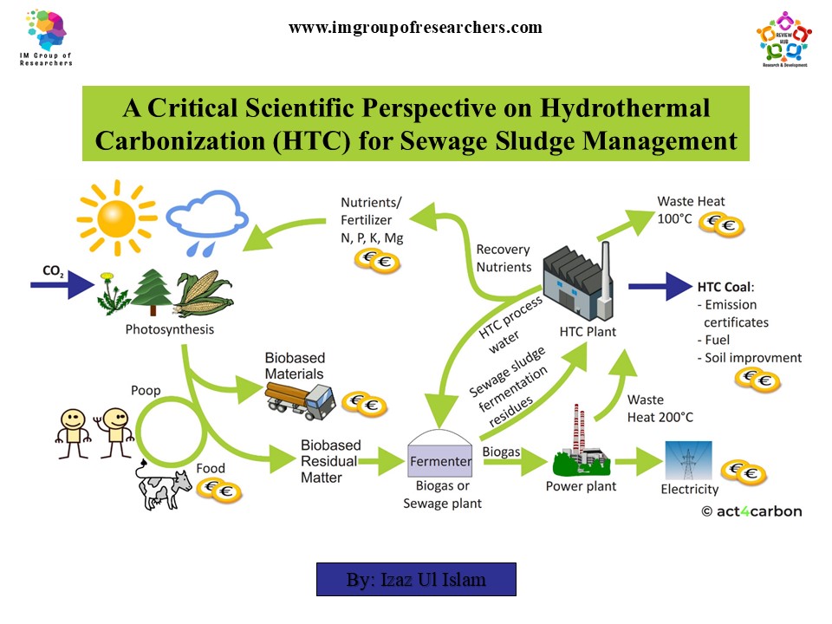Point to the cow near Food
pos(165,488)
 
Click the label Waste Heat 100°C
pos(692,209)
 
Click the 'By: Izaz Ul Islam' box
pos(416,579)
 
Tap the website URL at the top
pos(415,27)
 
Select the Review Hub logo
pos(783,39)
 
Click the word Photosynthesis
pos(170,329)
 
